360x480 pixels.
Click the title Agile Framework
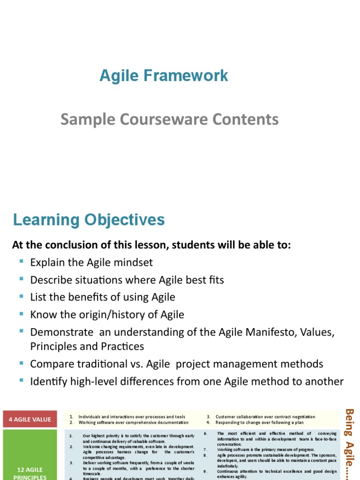[x=164, y=76]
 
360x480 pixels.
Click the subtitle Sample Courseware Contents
[x=169, y=120]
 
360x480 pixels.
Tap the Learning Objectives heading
[x=89, y=220]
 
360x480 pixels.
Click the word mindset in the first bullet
[x=132, y=262]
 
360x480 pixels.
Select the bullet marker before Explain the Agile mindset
[x=22, y=262]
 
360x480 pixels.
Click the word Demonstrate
[x=62, y=332]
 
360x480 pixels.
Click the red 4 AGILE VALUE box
[x=30, y=420]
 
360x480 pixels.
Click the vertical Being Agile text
[x=349, y=443]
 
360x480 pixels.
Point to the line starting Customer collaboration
[x=265, y=417]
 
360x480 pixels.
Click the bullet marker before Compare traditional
[x=22, y=363]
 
